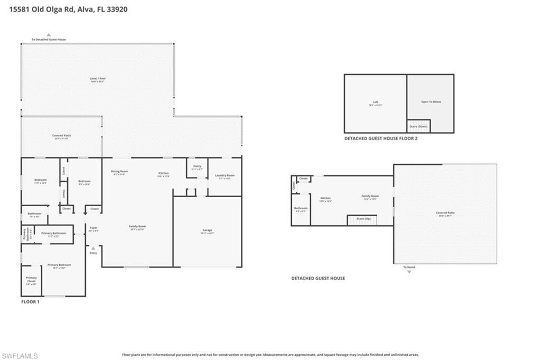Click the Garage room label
click(x=207, y=231)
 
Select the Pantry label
click(x=197, y=167)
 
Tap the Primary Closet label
click(x=32, y=279)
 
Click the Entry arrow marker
click(x=94, y=247)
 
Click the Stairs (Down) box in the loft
click(x=418, y=126)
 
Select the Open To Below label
click(x=431, y=101)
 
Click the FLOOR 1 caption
click(x=30, y=302)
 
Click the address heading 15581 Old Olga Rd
click(x=68, y=10)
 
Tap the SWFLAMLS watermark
click(x=20, y=356)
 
